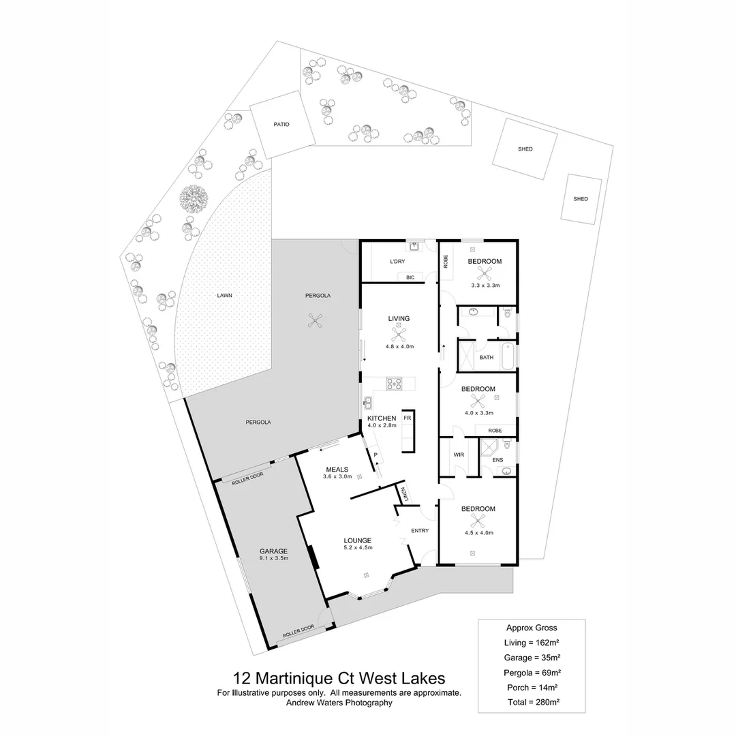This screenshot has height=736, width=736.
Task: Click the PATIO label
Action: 281,125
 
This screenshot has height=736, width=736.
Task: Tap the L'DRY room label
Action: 397,262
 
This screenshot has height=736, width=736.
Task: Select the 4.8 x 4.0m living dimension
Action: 399,347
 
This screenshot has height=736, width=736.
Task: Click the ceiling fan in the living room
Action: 399,333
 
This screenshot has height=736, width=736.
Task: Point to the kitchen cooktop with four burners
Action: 395,384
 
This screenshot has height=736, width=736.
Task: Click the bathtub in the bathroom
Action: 508,357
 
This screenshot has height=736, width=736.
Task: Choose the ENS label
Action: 498,460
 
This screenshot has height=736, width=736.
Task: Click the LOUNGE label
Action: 358,540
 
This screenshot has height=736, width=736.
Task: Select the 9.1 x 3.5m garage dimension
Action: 274,558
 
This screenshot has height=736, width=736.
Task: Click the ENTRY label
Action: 420,531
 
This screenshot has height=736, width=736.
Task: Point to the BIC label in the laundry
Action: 410,277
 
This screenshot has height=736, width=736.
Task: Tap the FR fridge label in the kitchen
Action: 408,416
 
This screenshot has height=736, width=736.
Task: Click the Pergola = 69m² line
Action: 532,672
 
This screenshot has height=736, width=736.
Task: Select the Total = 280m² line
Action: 532,701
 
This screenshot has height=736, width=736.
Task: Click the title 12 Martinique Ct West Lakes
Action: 339,679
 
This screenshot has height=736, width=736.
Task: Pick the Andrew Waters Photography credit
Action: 339,703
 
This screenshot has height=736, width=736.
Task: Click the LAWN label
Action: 225,296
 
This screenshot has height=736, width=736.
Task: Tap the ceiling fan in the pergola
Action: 315,321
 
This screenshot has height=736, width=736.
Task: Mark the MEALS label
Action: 337,470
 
